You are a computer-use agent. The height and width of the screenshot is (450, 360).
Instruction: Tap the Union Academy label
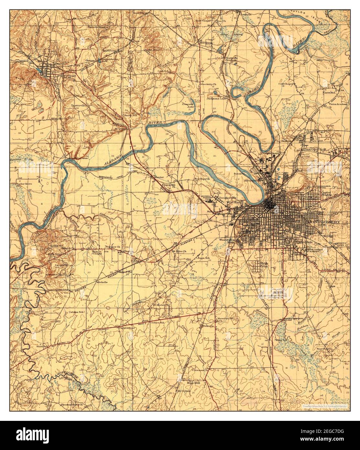point(338,104)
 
